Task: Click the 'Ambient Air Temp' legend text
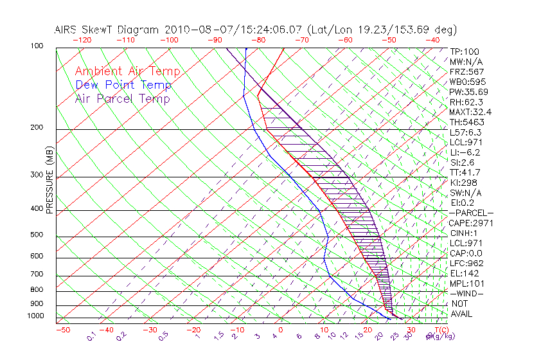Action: pyautogui.click(x=127, y=71)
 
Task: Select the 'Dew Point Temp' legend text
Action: pyautogui.click(x=123, y=85)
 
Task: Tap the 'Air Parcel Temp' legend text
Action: pyautogui.click(x=122, y=98)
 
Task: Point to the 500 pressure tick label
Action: pyautogui.click(x=37, y=235)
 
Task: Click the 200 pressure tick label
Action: pyautogui.click(x=37, y=128)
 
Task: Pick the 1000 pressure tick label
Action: pyautogui.click(x=35, y=316)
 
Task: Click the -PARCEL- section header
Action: pyautogui.click(x=471, y=213)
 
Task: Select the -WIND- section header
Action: pyautogui.click(x=466, y=293)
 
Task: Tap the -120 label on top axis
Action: pyautogui.click(x=82, y=39)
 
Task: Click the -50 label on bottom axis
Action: pyautogui.click(x=62, y=330)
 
